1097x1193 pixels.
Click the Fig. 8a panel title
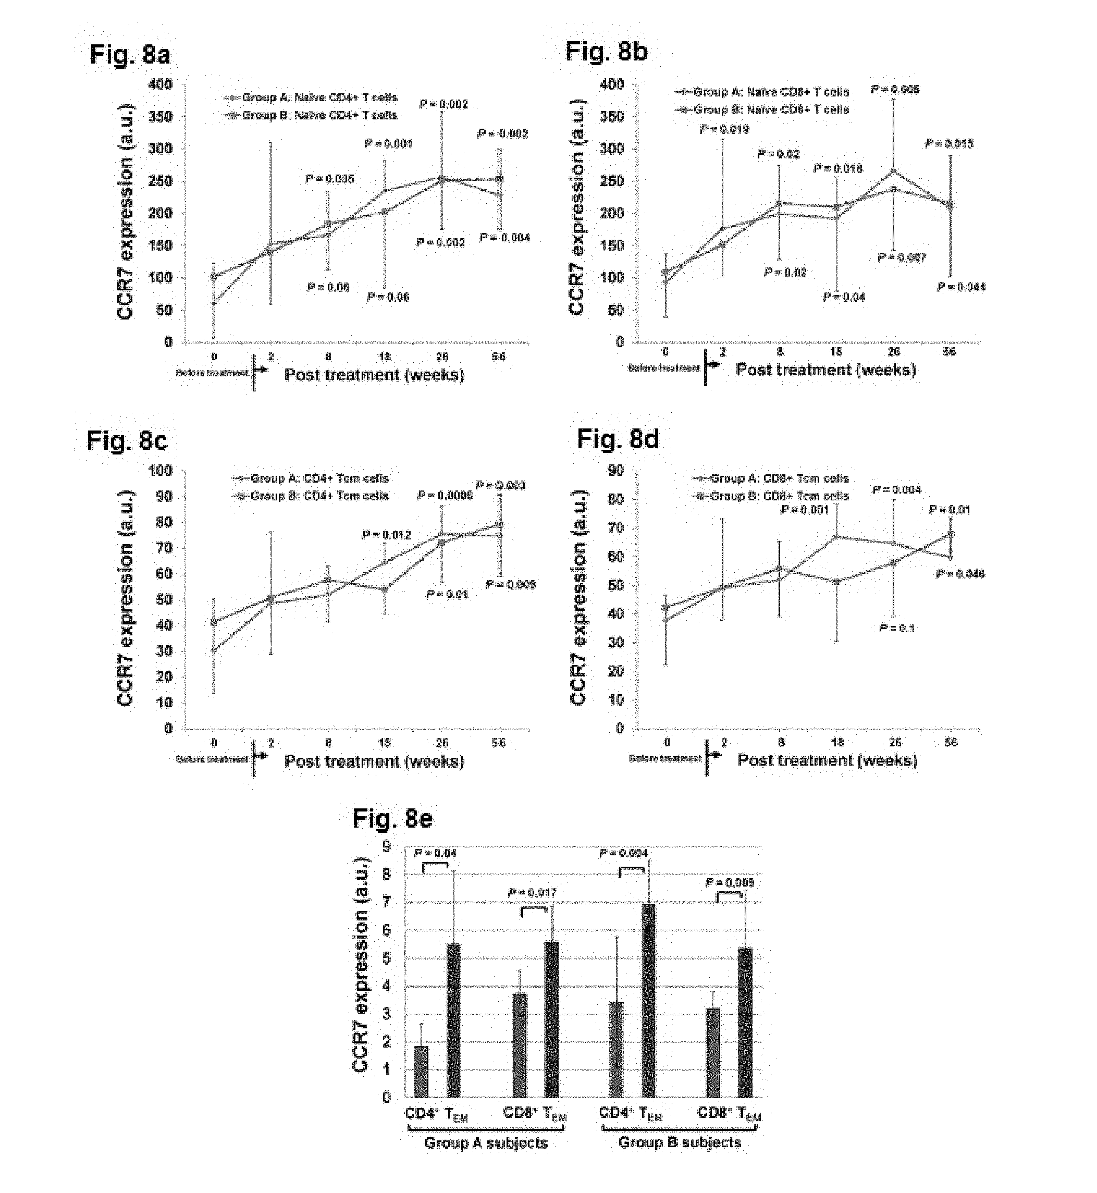click(x=129, y=55)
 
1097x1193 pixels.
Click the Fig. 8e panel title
click(x=392, y=818)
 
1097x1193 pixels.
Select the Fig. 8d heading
click(x=618, y=440)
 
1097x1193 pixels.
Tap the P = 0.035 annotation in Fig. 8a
click(x=330, y=179)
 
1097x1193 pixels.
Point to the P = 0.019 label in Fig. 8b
click(x=724, y=129)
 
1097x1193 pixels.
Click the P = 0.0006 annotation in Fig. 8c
click(x=445, y=495)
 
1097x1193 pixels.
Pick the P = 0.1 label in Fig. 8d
click(x=897, y=628)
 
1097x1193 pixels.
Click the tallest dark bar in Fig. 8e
click(x=648, y=1001)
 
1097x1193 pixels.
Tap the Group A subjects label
click(x=486, y=1143)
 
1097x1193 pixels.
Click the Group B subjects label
click(x=680, y=1142)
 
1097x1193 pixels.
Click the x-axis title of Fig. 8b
click(x=825, y=370)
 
